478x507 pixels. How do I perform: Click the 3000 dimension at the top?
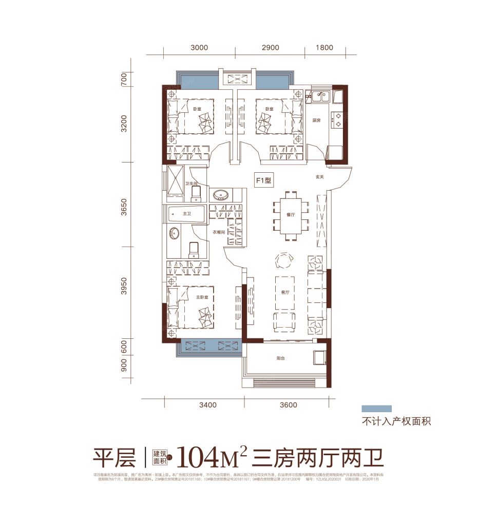pyautogui.click(x=199, y=48)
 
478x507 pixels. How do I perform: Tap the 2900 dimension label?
pyautogui.click(x=270, y=48)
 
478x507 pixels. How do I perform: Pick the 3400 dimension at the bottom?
pyautogui.click(x=207, y=405)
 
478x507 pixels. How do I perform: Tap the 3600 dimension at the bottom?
pyautogui.click(x=289, y=405)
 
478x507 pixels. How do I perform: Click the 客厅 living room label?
pyautogui.click(x=285, y=292)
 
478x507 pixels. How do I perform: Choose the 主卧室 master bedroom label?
pyautogui.click(x=201, y=297)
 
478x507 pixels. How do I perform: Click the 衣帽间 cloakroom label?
pyautogui.click(x=220, y=232)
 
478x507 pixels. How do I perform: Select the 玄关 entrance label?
pyautogui.click(x=319, y=177)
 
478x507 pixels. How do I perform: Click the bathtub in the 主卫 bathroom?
pyautogui.click(x=185, y=214)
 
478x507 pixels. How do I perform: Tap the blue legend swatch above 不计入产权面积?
pyautogui.click(x=376, y=409)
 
